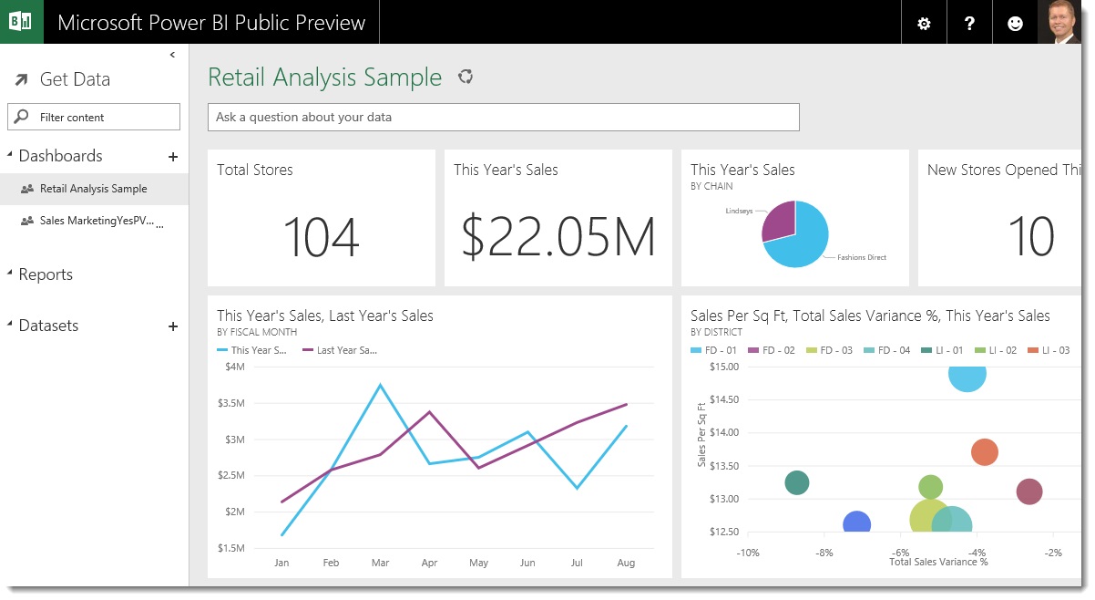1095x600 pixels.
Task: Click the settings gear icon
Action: tap(924, 24)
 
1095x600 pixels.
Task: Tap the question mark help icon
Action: tap(969, 24)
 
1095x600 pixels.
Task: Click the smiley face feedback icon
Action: tap(1015, 24)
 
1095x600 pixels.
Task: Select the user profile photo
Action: tap(1059, 22)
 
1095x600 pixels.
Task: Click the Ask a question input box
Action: tap(503, 117)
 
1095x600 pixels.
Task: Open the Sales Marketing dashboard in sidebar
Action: tap(97, 221)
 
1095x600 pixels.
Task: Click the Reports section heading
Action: tap(46, 274)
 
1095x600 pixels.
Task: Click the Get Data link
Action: tap(74, 79)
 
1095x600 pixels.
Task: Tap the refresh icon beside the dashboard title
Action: tap(466, 77)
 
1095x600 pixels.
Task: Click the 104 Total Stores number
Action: tap(321, 236)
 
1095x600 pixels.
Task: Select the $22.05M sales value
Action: tap(558, 236)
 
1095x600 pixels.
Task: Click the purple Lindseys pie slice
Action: tap(777, 220)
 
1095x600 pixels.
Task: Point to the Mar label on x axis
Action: tap(380, 563)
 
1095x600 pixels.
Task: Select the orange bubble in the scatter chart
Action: tap(984, 451)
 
